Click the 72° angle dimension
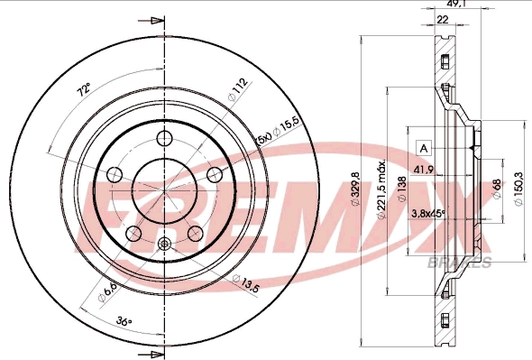click(x=83, y=91)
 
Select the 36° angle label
click(x=124, y=321)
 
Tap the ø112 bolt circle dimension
click(x=238, y=89)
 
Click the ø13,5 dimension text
click(x=249, y=286)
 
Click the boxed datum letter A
click(x=423, y=146)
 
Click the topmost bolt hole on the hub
click(x=164, y=138)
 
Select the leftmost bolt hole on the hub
click(x=115, y=174)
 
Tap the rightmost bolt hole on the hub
click(x=215, y=174)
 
